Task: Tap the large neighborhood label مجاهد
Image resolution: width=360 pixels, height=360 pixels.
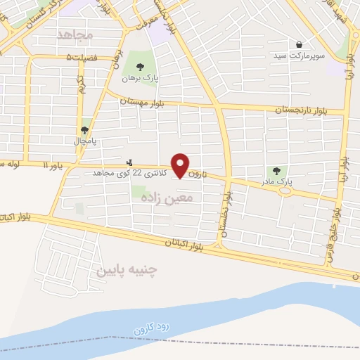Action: point(70,34)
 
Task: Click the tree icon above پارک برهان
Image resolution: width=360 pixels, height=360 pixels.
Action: point(139,67)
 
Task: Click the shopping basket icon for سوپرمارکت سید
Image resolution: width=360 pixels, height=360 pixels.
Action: point(300,44)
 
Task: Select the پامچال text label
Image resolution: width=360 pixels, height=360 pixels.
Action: point(85,141)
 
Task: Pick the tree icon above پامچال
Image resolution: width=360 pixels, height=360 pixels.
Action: point(85,130)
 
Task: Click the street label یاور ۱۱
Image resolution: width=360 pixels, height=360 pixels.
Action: point(53,166)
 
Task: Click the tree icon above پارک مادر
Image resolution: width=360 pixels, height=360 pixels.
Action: point(276,171)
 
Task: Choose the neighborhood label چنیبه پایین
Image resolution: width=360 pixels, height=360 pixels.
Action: point(127,269)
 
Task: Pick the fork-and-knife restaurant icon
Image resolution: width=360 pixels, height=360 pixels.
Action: point(129,161)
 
